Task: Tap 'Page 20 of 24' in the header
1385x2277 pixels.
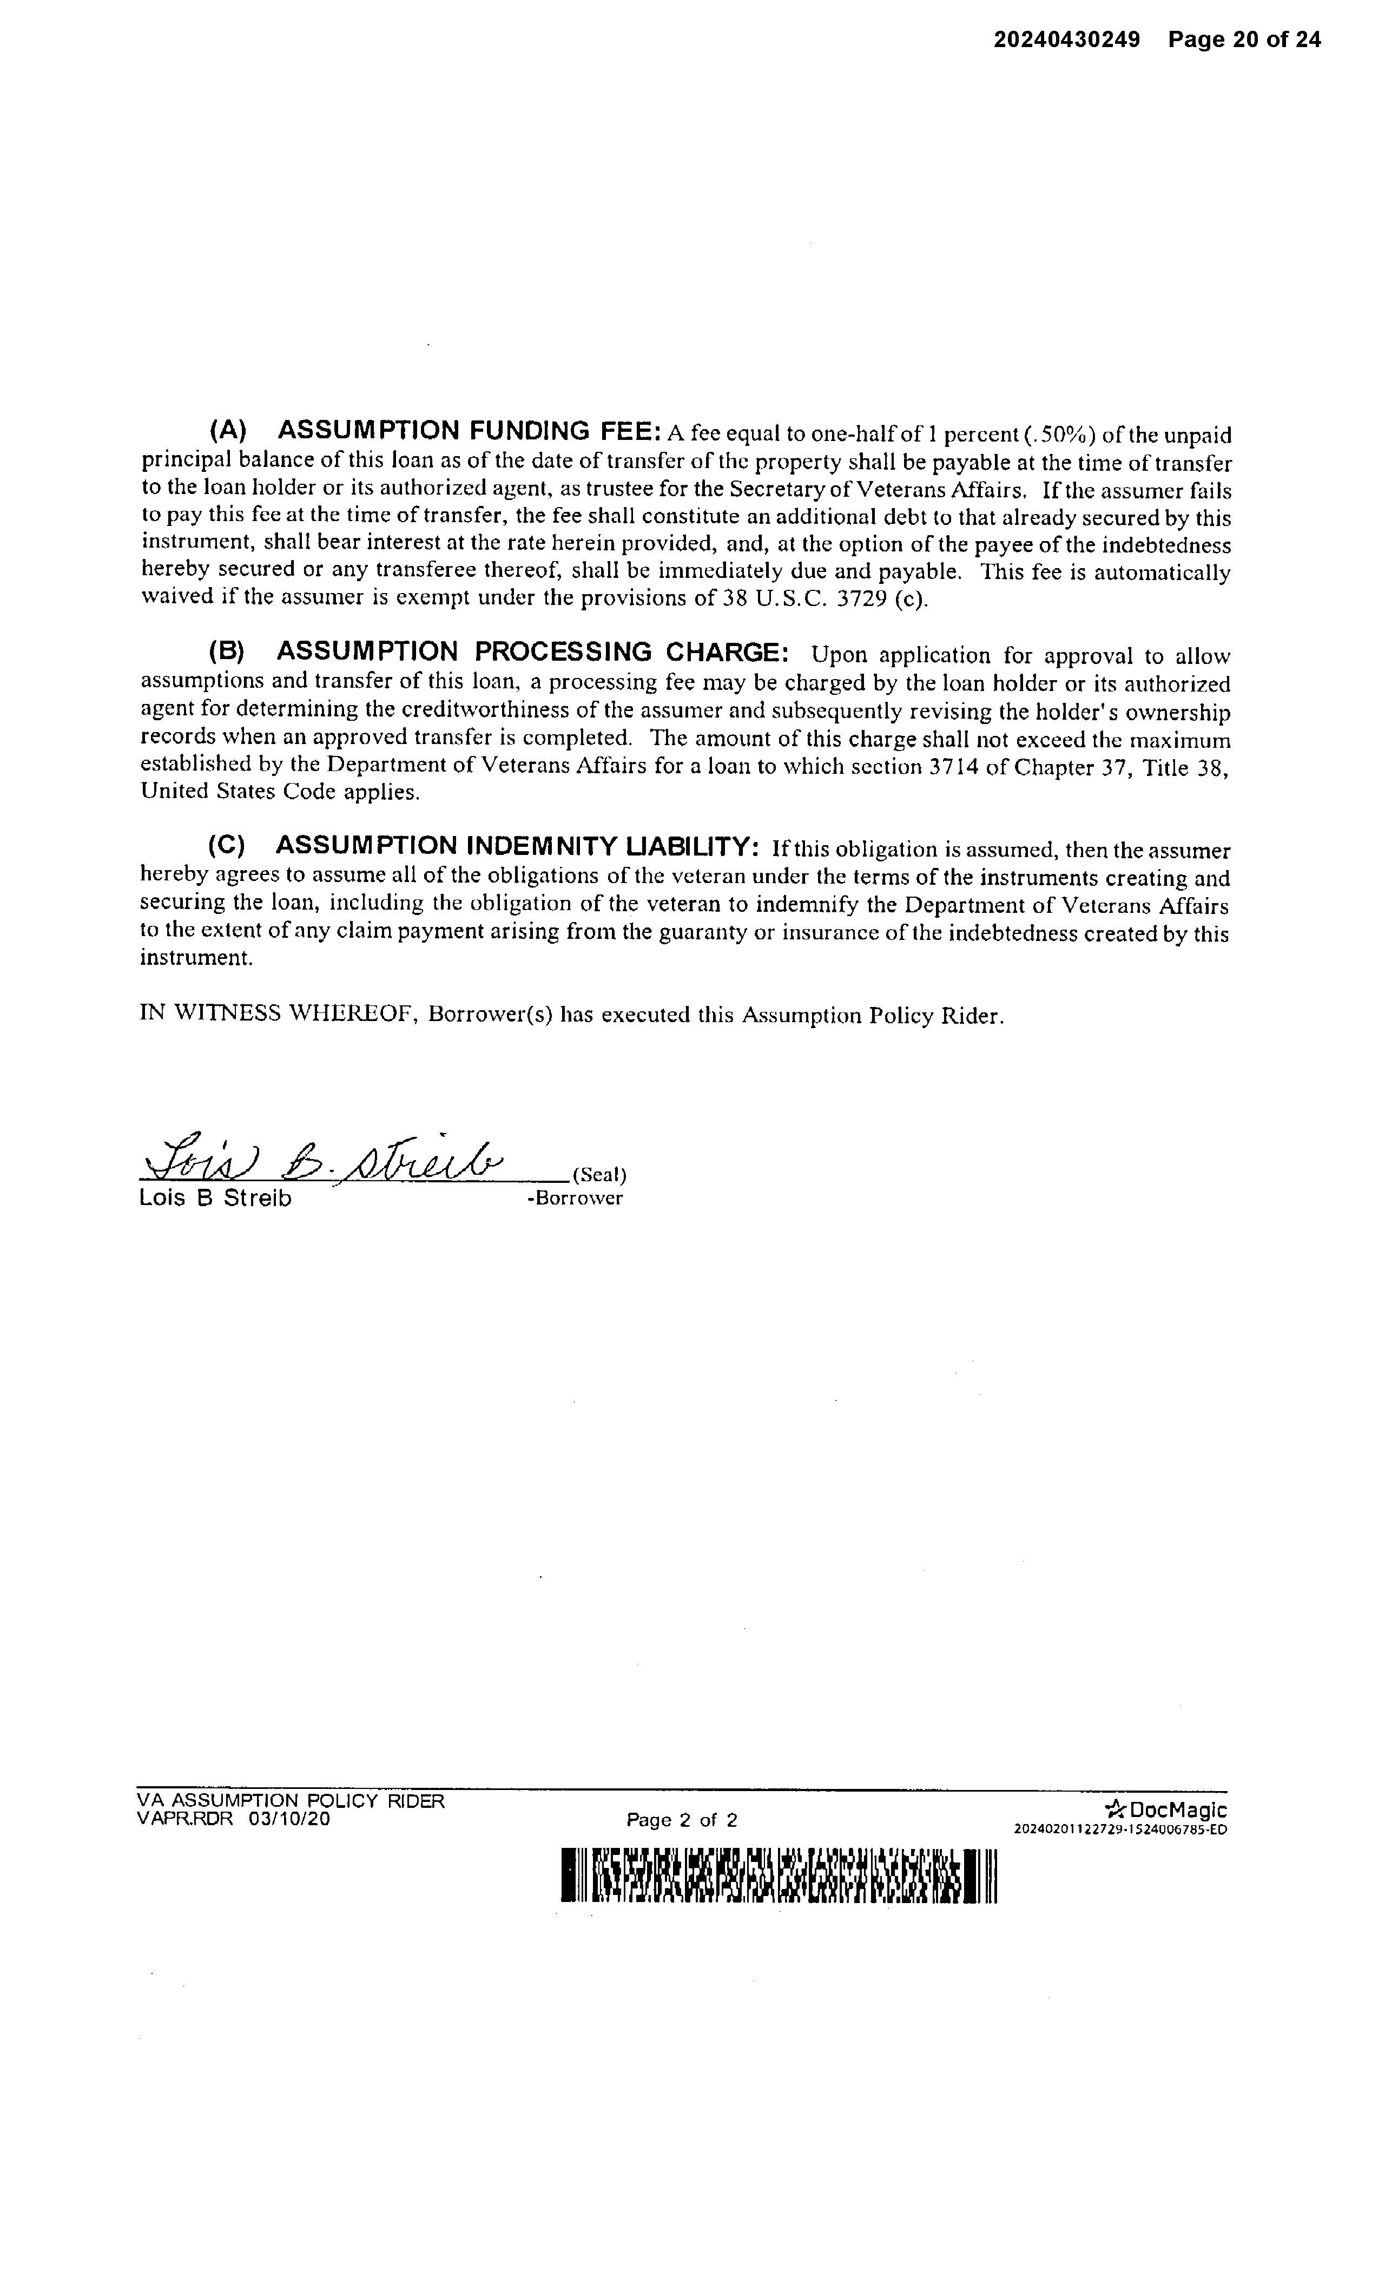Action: pyautogui.click(x=1244, y=40)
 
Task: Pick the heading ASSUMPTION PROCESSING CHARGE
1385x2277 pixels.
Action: pyautogui.click(x=532, y=651)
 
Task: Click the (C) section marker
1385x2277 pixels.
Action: pyautogui.click(x=226, y=846)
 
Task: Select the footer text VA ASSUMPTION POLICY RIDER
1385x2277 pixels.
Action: pyautogui.click(x=290, y=1801)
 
